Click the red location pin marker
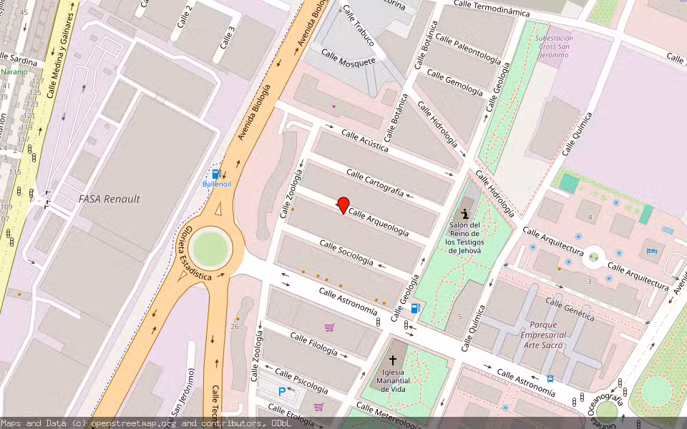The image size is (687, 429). [343, 205]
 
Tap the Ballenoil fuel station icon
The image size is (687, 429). [216, 174]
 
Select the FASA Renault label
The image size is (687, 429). [109, 199]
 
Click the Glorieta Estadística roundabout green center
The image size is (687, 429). [210, 248]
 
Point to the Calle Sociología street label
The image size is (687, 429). [346, 253]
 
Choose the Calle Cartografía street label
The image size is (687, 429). [375, 183]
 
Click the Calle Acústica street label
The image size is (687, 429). [364, 140]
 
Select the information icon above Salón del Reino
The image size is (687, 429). [465, 212]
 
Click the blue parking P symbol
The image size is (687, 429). [282, 391]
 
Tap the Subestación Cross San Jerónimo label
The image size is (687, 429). [554, 46]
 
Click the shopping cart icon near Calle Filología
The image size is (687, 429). [329, 327]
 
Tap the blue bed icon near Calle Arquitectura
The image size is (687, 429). [652, 251]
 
